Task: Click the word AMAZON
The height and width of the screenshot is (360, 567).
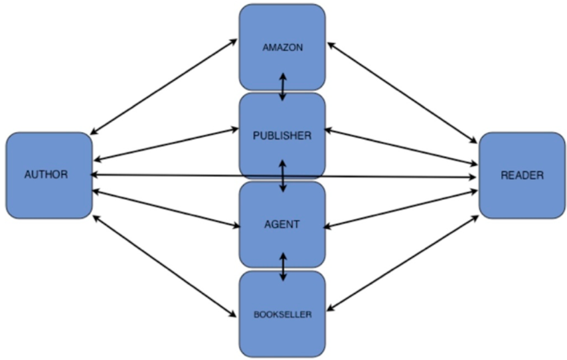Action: pyautogui.click(x=282, y=48)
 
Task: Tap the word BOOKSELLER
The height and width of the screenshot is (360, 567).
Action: pyautogui.click(x=282, y=314)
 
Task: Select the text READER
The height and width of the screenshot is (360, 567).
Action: pyautogui.click(x=522, y=175)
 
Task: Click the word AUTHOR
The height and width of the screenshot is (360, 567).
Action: pyautogui.click(x=46, y=175)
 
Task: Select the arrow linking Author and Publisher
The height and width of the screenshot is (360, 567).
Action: pyautogui.click(x=166, y=144)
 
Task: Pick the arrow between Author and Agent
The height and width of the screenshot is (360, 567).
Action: pyautogui.click(x=166, y=209)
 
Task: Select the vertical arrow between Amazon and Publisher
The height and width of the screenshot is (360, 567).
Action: pyautogui.click(x=283, y=87)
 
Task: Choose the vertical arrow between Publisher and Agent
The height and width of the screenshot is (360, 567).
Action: pyautogui.click(x=283, y=176)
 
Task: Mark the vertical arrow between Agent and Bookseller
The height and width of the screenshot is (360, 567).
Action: pyautogui.click(x=283, y=266)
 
